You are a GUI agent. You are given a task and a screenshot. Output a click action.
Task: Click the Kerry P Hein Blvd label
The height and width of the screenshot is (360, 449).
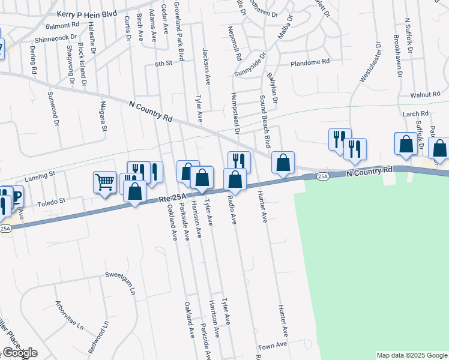[86, 13]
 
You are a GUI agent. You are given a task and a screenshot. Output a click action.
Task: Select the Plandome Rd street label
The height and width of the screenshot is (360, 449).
[310, 62]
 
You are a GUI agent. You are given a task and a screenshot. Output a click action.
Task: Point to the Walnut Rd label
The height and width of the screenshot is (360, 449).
[426, 95]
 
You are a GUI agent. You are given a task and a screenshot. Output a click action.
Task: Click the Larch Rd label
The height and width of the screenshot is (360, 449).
[416, 113]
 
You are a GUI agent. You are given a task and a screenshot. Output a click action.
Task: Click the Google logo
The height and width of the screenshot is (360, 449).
[19, 353]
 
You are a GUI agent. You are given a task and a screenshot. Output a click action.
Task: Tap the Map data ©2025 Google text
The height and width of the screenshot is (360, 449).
[411, 355]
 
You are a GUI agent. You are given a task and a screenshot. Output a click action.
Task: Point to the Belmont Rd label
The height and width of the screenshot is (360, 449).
[62, 26]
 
